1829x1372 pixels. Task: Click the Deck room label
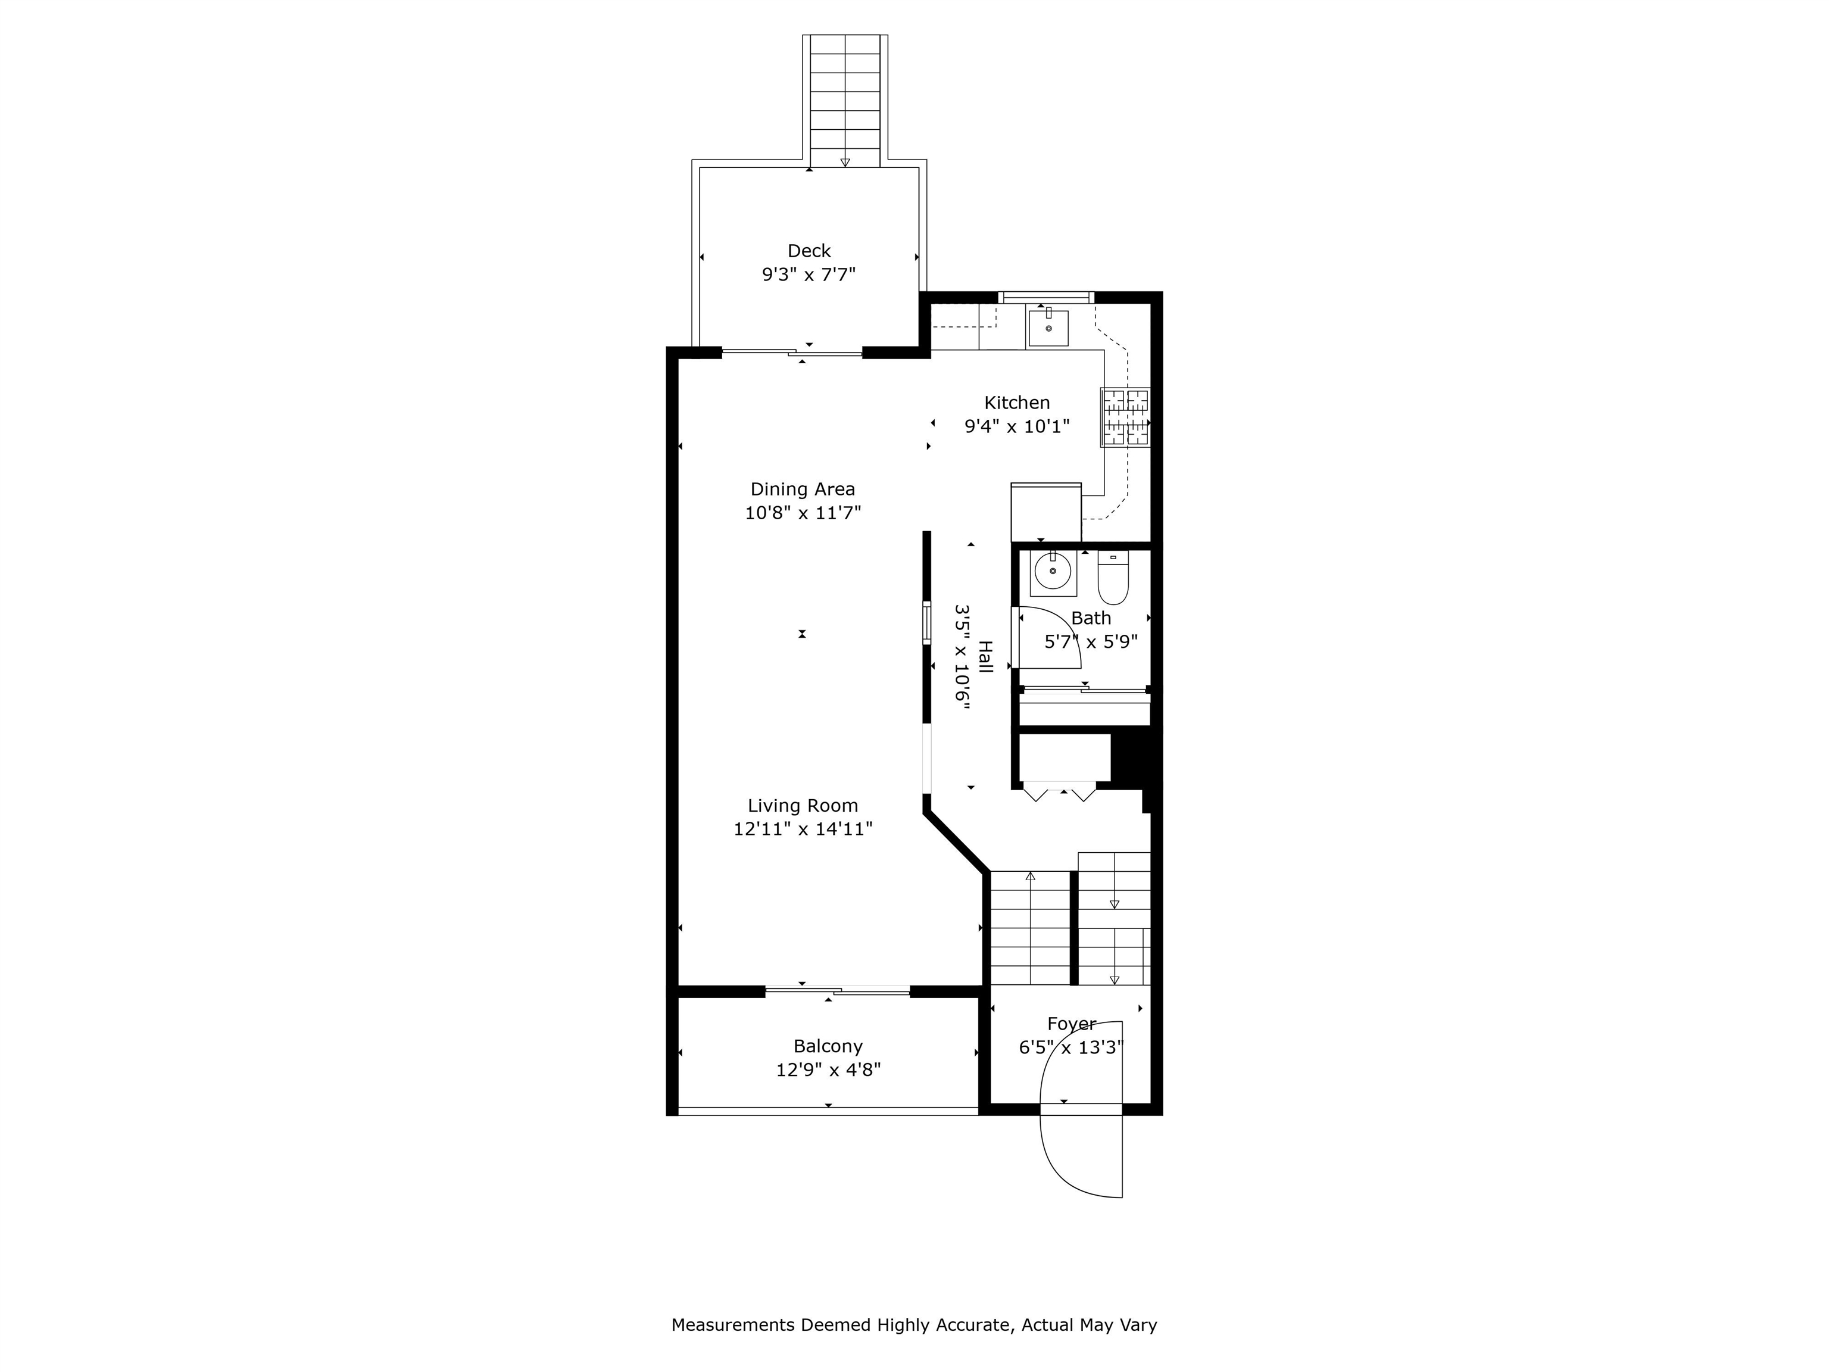(809, 251)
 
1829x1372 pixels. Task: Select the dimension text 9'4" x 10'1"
(1017, 427)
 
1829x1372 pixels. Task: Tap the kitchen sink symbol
(1048, 328)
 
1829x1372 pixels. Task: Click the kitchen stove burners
(1125, 417)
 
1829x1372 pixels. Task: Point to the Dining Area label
(802, 489)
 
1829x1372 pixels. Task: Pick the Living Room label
(802, 806)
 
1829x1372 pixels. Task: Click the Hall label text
(985, 657)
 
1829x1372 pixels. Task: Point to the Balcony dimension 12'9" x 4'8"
(828, 1070)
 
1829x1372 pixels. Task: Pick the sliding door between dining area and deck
(792, 353)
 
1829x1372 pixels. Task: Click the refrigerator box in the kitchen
(1046, 513)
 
